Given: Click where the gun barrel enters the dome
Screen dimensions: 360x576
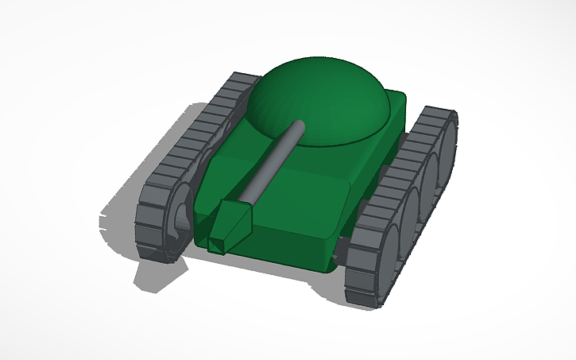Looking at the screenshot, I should (x=300, y=126).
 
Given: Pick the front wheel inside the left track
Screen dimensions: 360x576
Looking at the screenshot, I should (x=180, y=219).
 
